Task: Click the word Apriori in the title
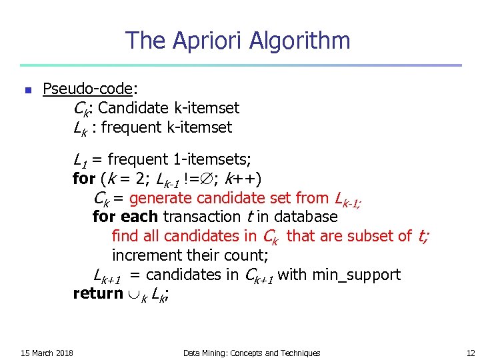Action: coord(208,41)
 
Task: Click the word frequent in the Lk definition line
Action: coord(142,127)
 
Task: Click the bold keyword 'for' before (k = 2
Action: coord(83,179)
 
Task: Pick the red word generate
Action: coord(159,198)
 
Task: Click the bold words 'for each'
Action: coord(125,217)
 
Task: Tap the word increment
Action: coord(144,255)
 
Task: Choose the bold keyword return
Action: coord(97,293)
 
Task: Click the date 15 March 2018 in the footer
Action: coord(47,353)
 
